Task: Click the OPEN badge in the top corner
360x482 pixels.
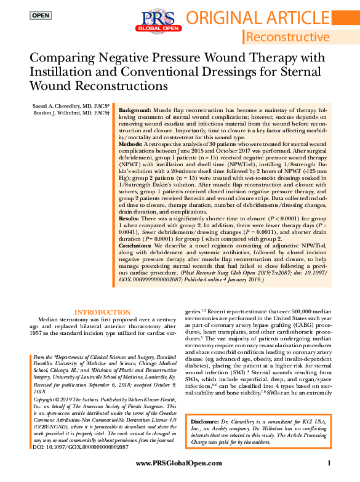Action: click(x=41, y=15)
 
